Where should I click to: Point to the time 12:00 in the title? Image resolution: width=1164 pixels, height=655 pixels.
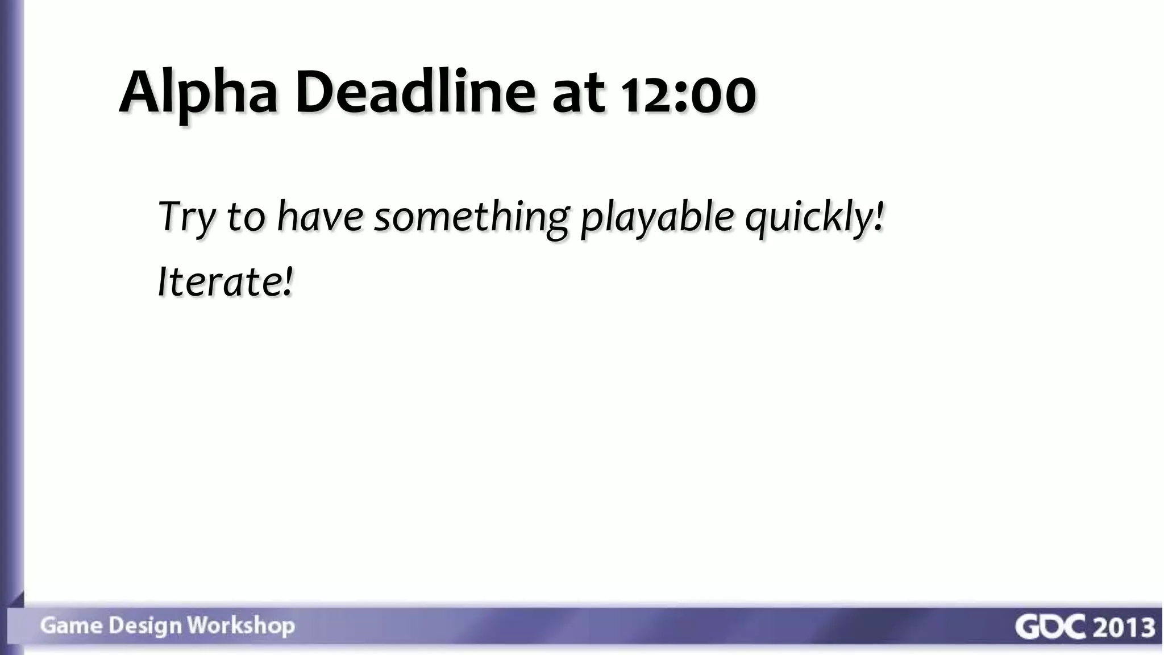point(688,94)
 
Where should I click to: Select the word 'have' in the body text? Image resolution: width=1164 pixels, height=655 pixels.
point(319,217)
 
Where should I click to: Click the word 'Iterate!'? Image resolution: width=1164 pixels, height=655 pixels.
point(226,281)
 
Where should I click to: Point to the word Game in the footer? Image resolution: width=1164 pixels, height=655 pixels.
point(71,625)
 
